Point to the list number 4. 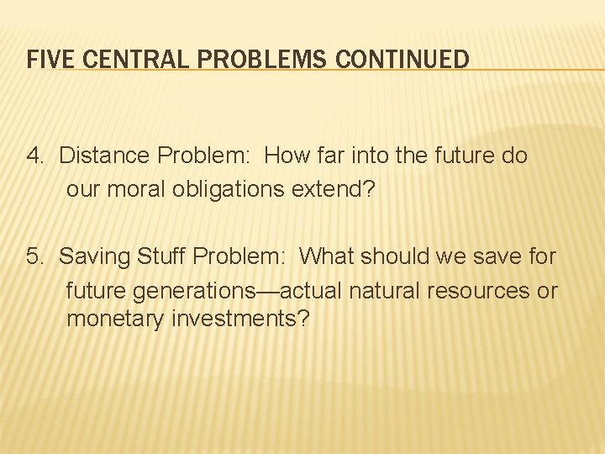point(34,156)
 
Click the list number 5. point(34,256)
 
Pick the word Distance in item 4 point(97,156)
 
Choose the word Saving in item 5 point(89,256)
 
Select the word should point(395,256)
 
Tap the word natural point(383,291)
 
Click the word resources point(476,291)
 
